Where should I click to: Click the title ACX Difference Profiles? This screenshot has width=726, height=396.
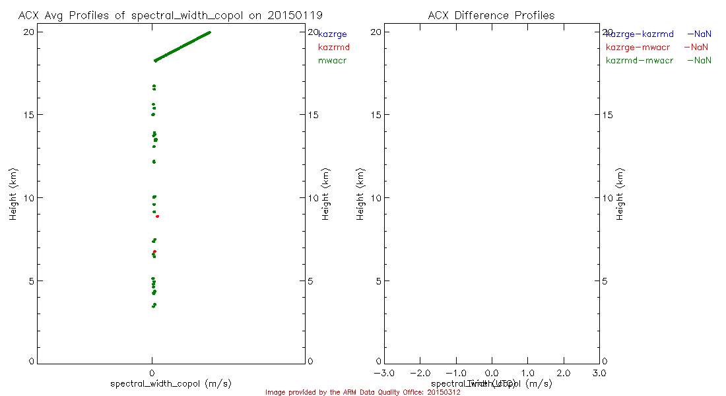click(491, 15)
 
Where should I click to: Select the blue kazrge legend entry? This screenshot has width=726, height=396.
click(332, 34)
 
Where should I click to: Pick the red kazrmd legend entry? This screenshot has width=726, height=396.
click(333, 48)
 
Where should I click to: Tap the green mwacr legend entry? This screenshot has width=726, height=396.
click(332, 61)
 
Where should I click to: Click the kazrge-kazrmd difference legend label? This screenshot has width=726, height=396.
click(640, 34)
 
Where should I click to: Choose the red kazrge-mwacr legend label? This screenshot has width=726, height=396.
click(640, 48)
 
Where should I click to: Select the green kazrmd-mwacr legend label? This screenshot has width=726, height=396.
click(640, 61)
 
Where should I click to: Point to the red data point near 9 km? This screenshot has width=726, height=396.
click(157, 216)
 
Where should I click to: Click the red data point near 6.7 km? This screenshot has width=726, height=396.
click(154, 252)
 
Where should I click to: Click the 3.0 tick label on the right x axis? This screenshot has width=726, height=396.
click(599, 374)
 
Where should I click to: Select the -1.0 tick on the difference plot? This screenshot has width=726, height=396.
click(455, 374)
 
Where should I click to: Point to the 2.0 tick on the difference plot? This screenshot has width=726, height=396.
click(563, 374)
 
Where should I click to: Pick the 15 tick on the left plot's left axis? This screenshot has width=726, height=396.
click(30, 115)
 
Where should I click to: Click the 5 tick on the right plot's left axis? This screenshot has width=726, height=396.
click(378, 280)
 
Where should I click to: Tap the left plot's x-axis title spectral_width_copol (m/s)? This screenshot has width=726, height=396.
click(171, 383)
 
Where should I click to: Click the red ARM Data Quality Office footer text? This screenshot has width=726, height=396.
click(362, 393)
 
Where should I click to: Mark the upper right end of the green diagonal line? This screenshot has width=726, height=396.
click(209, 32)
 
